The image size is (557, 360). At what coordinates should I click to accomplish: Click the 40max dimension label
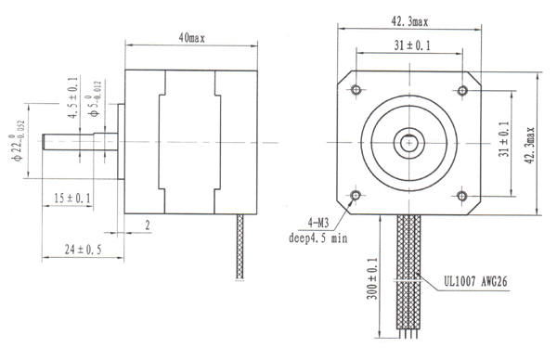(x=192, y=38)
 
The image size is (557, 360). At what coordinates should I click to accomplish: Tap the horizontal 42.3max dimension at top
(x=410, y=22)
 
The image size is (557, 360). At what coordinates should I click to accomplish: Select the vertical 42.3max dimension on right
(x=530, y=146)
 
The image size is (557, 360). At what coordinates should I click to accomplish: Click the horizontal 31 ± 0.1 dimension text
(x=412, y=45)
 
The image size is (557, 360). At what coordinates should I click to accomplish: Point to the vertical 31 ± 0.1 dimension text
(x=504, y=139)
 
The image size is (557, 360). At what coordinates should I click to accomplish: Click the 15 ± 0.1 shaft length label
(x=72, y=199)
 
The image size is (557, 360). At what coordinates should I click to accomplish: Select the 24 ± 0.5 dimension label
(x=83, y=250)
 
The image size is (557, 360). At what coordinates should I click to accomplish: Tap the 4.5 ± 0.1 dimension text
(x=73, y=97)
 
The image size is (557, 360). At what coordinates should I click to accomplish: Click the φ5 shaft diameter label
(x=95, y=99)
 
